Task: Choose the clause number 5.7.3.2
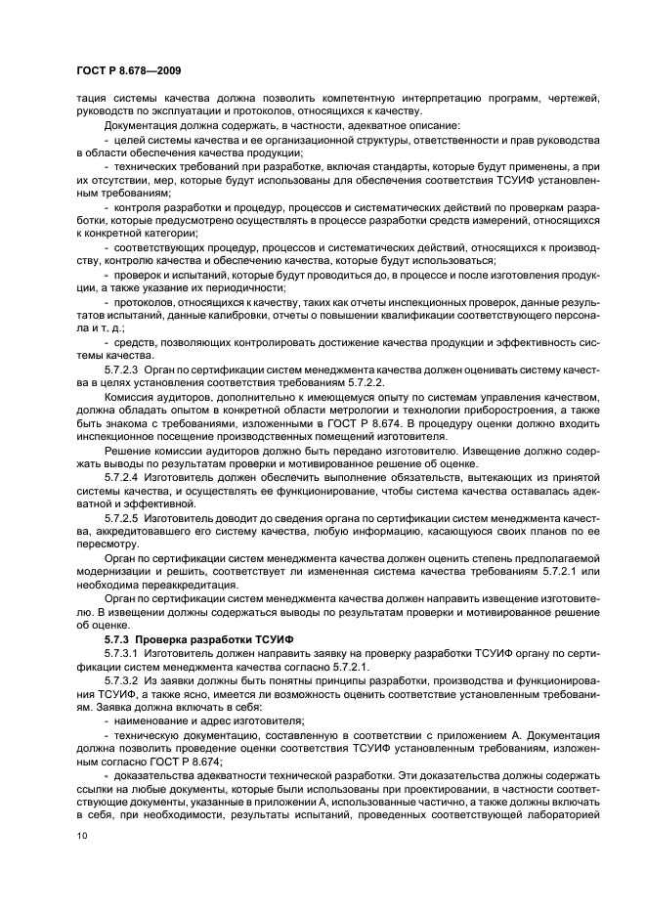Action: click(122, 677)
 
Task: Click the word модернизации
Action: click(117, 570)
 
